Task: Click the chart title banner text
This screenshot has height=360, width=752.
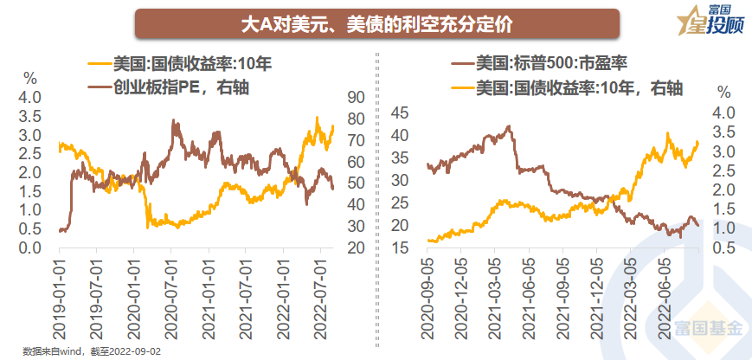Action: tap(376, 24)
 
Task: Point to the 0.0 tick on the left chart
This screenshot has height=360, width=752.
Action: tap(30, 248)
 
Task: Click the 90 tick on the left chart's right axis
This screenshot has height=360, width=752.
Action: tap(356, 98)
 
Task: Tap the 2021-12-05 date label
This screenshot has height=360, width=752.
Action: tap(596, 293)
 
